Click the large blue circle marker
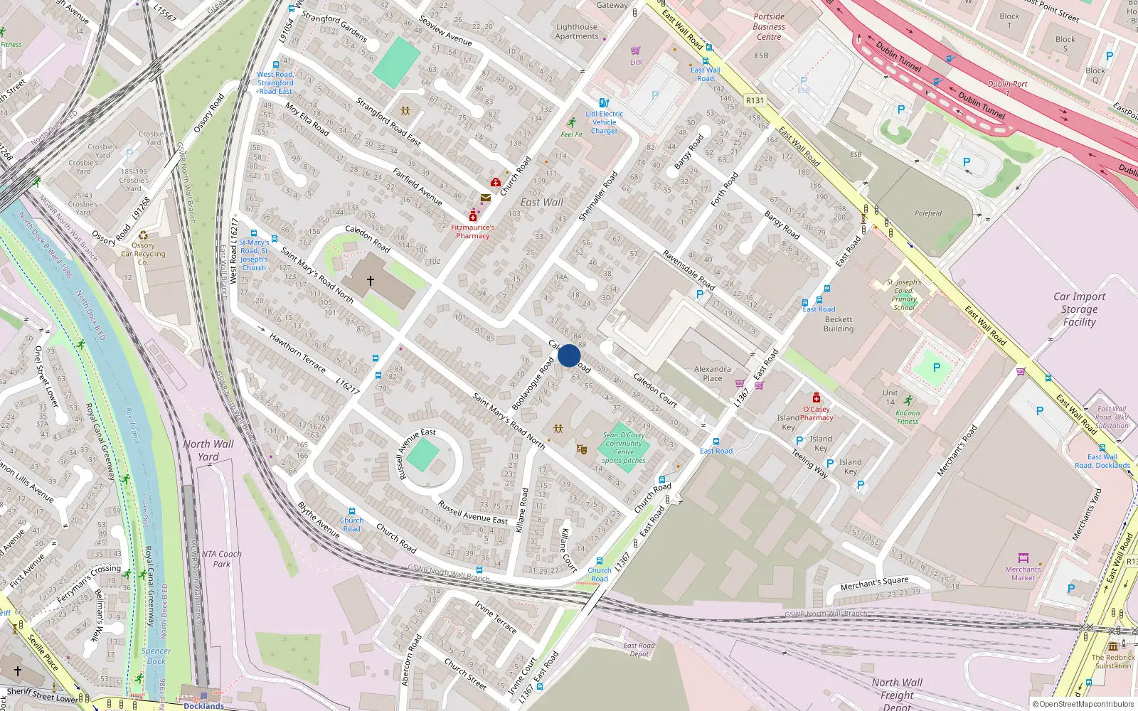[569, 355]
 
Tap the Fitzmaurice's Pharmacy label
[473, 231]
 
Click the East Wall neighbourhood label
[541, 202]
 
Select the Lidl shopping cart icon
[636, 50]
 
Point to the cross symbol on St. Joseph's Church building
[371, 281]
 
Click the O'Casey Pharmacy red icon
[817, 397]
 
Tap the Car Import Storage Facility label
[1079, 309]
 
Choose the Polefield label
[928, 213]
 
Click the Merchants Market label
[1023, 573]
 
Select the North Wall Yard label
[208, 450]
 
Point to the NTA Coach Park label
[221, 559]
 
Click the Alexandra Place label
[712, 373]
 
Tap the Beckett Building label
[839, 324]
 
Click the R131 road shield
[755, 101]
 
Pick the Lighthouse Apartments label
[577, 31]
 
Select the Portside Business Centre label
[769, 27]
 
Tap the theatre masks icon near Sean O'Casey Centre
[582, 449]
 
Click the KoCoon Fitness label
[908, 417]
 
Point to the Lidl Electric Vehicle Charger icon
[604, 103]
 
